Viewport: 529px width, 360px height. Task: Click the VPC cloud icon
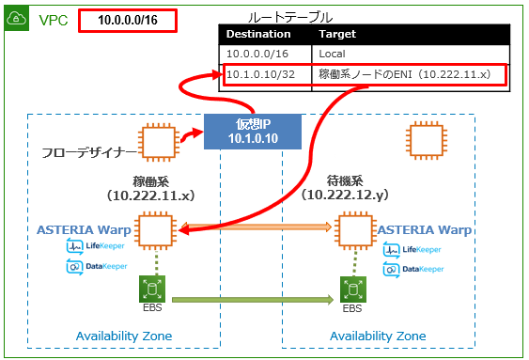18,19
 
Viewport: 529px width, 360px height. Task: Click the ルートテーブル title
290,17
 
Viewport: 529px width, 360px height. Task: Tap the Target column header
336,34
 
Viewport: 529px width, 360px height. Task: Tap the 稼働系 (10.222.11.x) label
151,187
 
